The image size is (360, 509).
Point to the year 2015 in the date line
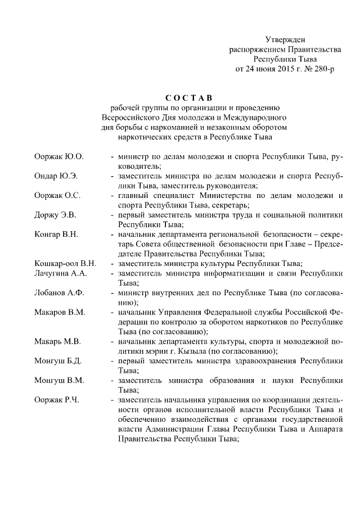coord(273,70)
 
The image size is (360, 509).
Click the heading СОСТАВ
coord(189,98)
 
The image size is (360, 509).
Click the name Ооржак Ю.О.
coord(59,156)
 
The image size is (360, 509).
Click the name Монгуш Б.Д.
coord(58,361)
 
